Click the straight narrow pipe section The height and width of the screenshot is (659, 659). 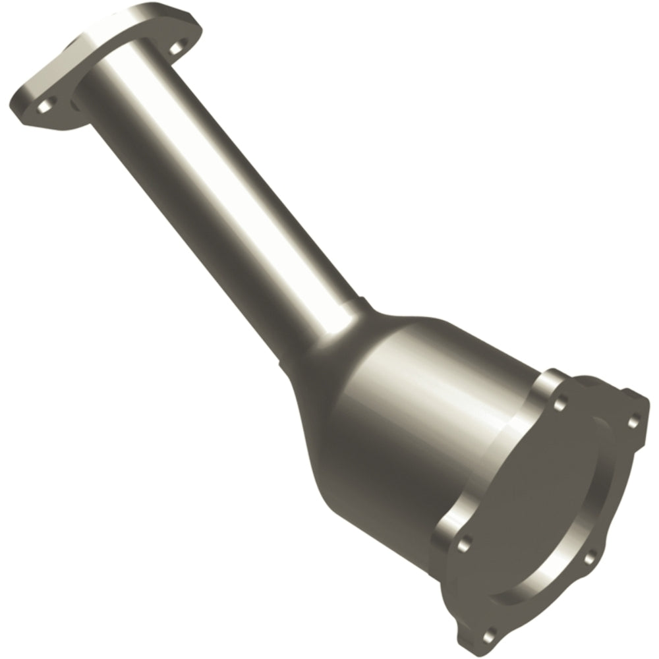click(217, 198)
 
